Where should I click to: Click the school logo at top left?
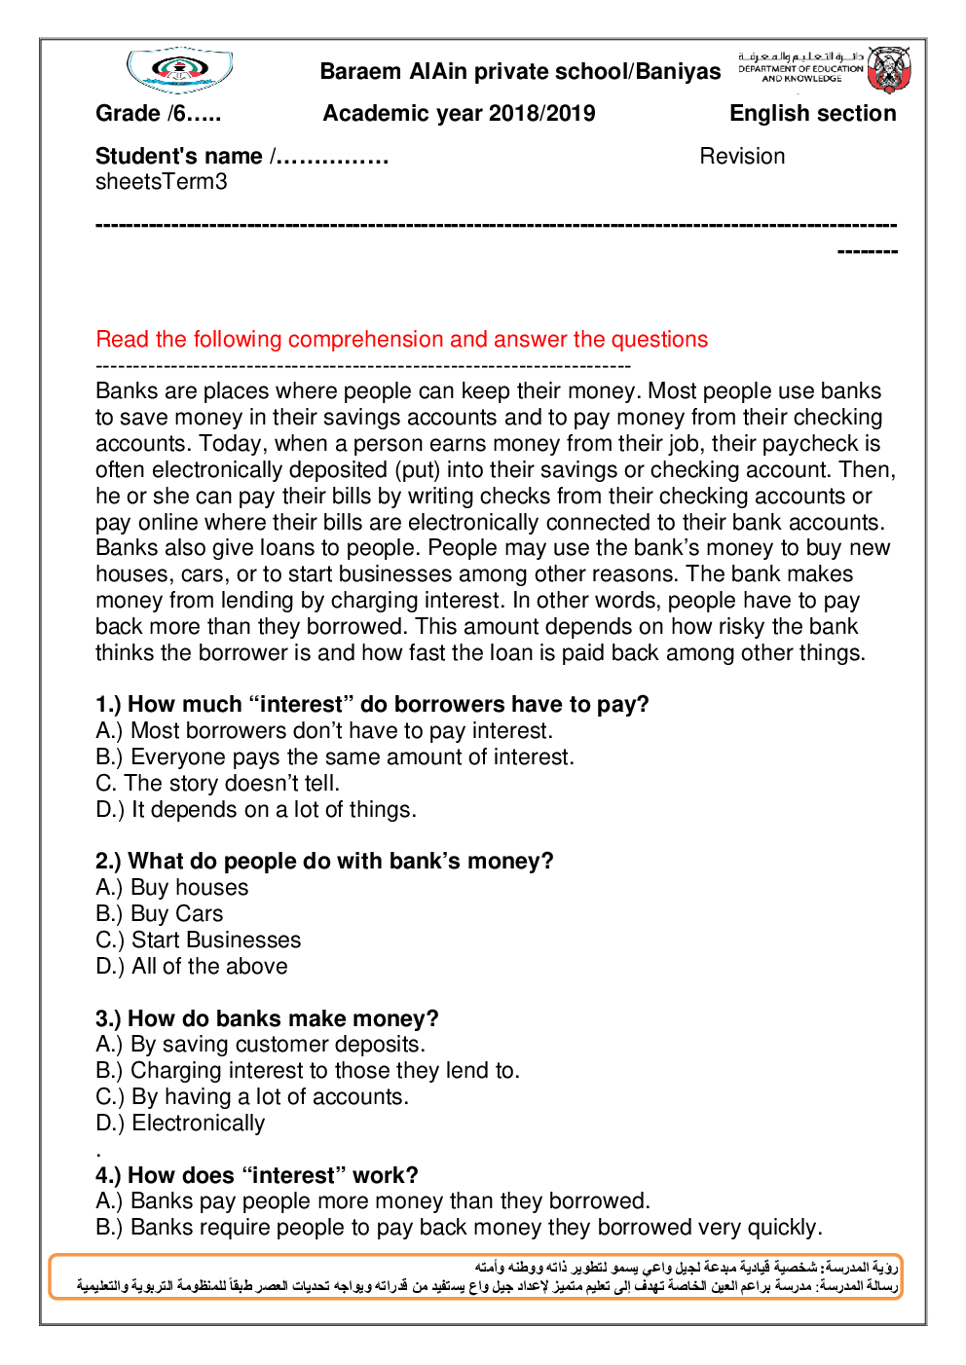[x=179, y=70]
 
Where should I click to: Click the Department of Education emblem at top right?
[x=888, y=69]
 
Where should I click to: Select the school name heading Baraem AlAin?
[x=520, y=72]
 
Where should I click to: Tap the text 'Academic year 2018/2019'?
[x=459, y=114]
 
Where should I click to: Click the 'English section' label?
[x=812, y=114]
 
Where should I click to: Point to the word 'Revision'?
[x=742, y=157]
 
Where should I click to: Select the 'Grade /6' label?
[x=158, y=114]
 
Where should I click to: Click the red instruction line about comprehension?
[x=401, y=340]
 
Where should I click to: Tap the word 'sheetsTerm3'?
[x=162, y=182]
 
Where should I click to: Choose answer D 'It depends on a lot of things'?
[x=256, y=810]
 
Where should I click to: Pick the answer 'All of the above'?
[x=192, y=967]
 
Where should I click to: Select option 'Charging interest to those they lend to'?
[x=308, y=1071]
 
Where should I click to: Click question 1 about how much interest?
[x=372, y=705]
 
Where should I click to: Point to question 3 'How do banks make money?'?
[x=267, y=1019]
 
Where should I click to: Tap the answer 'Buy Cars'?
[x=160, y=914]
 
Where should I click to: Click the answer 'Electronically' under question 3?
[x=181, y=1124]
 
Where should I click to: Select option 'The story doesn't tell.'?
[x=218, y=784]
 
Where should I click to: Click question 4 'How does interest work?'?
[x=257, y=1176]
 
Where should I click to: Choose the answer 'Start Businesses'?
[x=199, y=941]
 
